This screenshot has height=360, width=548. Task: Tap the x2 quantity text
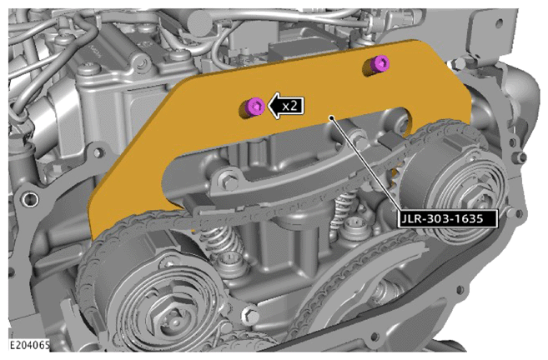(289, 106)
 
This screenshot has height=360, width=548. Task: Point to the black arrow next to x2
(284, 106)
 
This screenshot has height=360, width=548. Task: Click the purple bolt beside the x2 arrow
(254, 107)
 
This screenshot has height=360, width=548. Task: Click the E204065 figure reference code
(29, 345)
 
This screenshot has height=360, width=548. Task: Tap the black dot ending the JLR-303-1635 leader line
(330, 118)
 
